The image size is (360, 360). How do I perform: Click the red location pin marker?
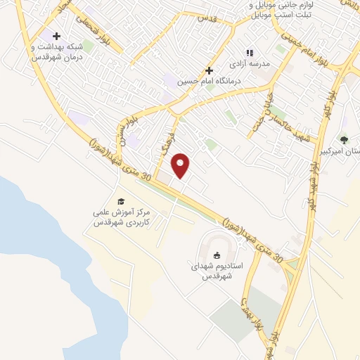click(x=181, y=165)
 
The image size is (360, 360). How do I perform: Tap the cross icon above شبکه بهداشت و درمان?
click(x=56, y=37)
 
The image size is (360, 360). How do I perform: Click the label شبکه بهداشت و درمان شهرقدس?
click(x=53, y=52)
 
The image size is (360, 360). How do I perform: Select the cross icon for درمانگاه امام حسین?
click(x=208, y=70)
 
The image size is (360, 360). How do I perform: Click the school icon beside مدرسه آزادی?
click(x=248, y=53)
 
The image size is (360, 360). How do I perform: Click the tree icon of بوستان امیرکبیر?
click(x=344, y=139)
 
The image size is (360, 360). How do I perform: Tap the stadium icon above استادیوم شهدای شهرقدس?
click(x=217, y=255)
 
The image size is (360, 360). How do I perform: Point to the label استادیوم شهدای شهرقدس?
click(x=217, y=272)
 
